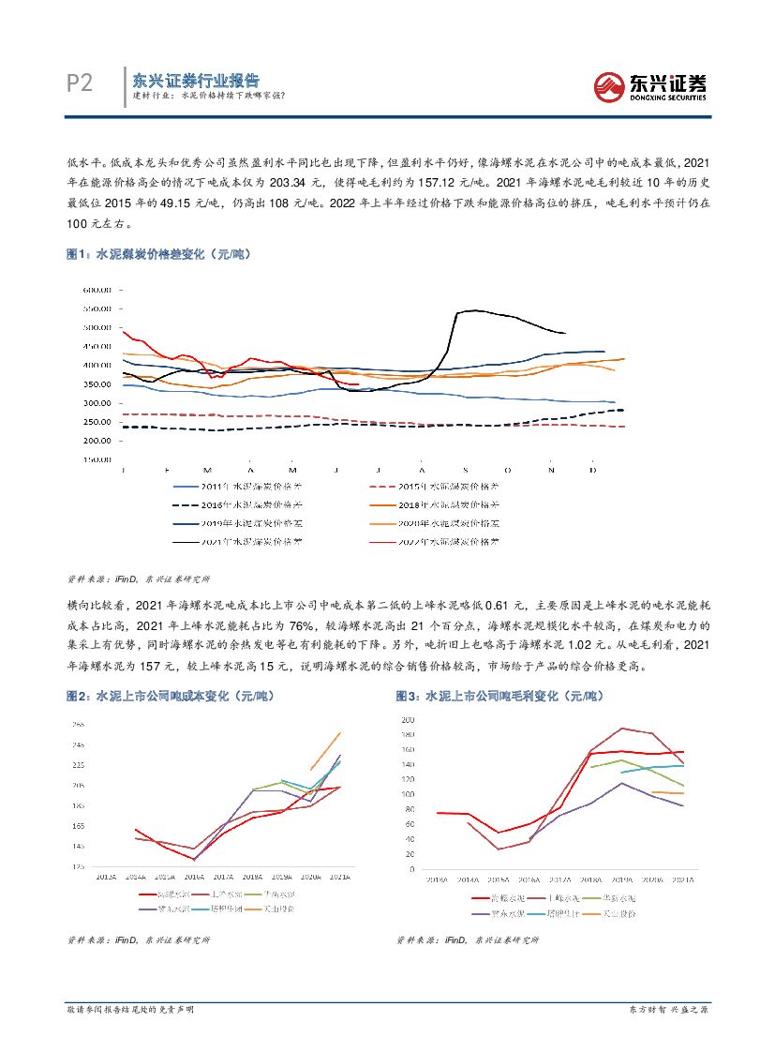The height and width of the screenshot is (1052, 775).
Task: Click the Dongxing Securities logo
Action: point(650,86)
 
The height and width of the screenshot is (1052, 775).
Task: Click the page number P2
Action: point(81,84)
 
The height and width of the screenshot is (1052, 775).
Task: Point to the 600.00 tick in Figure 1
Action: point(97,289)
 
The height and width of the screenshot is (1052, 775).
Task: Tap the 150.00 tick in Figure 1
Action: point(97,459)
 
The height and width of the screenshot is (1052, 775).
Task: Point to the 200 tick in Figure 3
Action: point(408,719)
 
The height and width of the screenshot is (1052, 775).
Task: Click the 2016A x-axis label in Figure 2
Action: point(195,877)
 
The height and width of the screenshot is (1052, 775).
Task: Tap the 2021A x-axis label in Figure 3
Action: point(682,880)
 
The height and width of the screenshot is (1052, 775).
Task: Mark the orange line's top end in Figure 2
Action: point(340,733)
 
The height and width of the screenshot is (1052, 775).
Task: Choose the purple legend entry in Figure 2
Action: point(165,909)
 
